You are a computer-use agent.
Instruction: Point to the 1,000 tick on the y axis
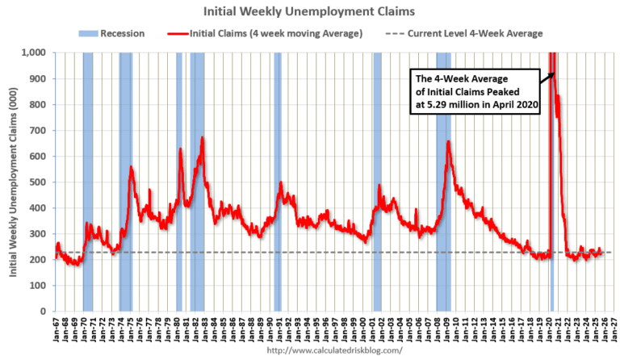point(35,53)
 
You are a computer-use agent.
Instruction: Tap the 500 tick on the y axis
point(38,182)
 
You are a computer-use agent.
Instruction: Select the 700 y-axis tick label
point(38,131)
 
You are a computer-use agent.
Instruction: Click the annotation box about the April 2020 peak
point(475,92)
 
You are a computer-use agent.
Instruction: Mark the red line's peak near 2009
point(448,142)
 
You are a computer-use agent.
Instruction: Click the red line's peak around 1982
point(203,138)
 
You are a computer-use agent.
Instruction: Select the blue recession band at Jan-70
point(87,182)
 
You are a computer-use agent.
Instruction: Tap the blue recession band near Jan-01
point(377,182)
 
